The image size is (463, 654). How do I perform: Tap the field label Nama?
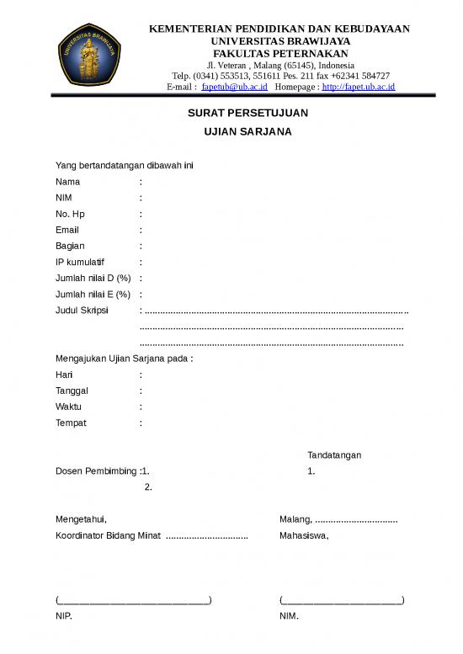68,181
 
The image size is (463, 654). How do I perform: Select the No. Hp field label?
70,213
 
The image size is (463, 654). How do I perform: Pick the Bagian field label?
70,246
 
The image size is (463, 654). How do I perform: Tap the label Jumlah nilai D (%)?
93,278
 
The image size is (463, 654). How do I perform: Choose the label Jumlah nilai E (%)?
93,294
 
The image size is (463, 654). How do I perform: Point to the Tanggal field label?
72,391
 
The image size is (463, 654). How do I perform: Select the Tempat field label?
71,423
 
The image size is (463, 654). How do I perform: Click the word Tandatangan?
334,455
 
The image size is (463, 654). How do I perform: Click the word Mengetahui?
81,519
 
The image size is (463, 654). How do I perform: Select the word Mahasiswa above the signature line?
304,535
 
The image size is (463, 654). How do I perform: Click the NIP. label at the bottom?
64,616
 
